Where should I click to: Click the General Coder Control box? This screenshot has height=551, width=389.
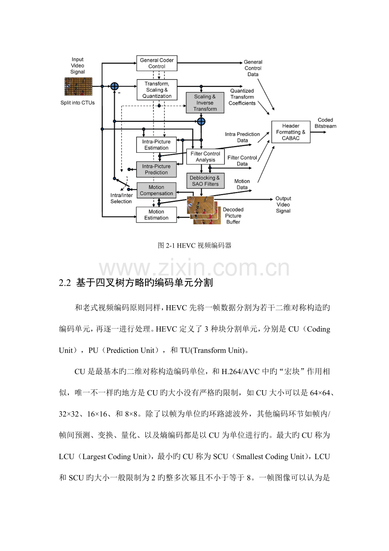157,63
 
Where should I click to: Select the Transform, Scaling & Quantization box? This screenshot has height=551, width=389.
157,90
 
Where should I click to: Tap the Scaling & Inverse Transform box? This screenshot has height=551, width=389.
205,103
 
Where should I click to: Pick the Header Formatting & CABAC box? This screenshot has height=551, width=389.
291,132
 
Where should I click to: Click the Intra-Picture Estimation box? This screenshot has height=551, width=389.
156,145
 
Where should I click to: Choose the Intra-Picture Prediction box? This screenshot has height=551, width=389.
156,169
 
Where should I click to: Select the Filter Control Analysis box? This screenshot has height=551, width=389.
205,157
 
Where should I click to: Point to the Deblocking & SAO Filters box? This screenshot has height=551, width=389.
205,181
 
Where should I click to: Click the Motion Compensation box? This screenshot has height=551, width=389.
156,190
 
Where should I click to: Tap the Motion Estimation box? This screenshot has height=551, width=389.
156,215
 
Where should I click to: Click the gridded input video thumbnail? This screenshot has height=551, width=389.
78,86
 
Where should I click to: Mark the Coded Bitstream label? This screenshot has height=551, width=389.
325,123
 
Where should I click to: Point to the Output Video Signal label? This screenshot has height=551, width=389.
283,205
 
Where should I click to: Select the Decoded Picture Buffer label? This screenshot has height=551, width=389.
233,216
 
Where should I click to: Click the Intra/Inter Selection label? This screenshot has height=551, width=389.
121,198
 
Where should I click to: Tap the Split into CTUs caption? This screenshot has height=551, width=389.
78,103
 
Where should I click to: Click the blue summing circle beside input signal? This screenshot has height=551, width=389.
115,86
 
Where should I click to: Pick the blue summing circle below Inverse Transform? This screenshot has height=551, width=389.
201,121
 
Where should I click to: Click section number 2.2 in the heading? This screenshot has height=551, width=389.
65,283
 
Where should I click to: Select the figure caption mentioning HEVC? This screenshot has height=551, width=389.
194,245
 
